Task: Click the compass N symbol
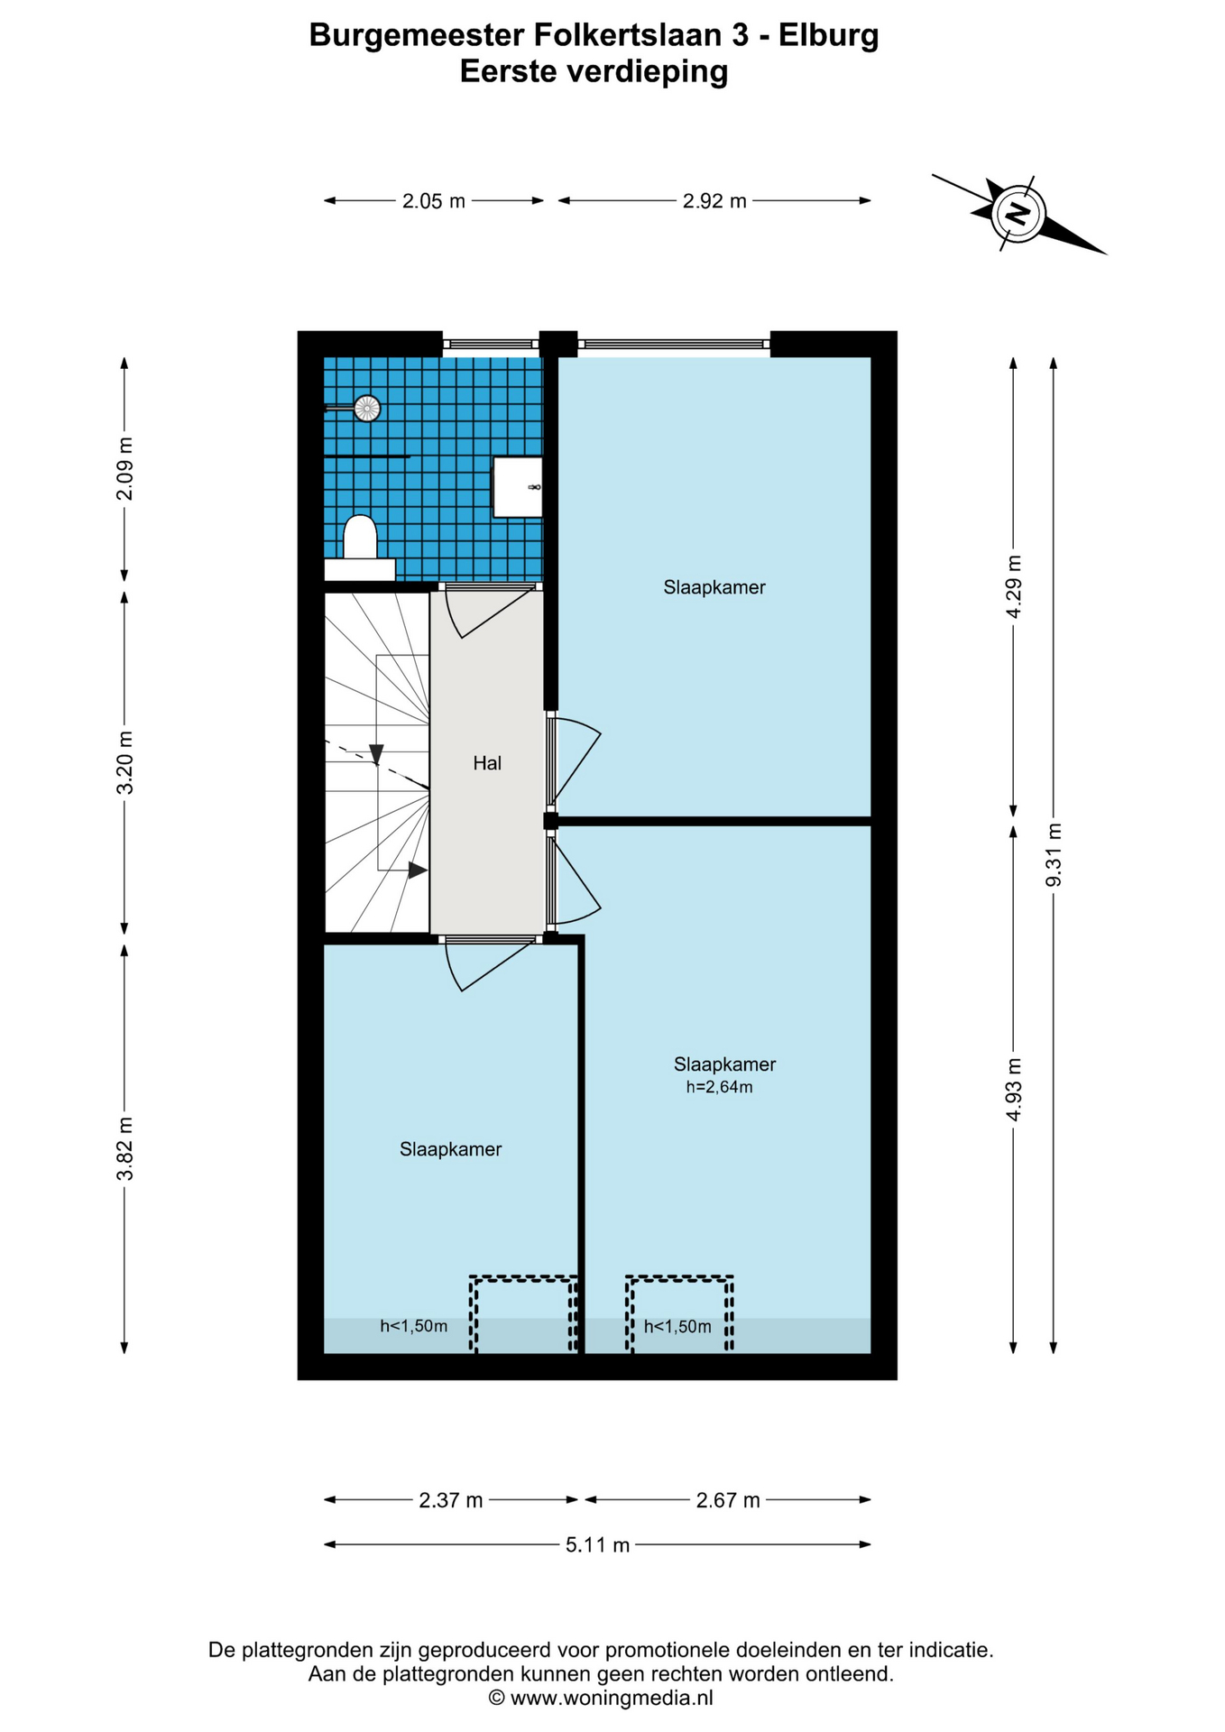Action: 1018,214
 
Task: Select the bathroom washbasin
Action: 518,487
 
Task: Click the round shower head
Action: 366,409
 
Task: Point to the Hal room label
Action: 487,763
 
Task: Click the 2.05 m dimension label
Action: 434,201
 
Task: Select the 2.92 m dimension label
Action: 714,201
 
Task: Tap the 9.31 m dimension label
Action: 1053,855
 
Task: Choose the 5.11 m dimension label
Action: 597,1545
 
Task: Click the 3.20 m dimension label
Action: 125,762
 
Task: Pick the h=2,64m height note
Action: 719,1087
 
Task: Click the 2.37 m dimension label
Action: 451,1500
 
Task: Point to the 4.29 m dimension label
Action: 1014,586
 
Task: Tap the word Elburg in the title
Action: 828,35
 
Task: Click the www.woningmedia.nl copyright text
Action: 601,1698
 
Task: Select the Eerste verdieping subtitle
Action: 594,70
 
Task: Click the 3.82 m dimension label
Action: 125,1148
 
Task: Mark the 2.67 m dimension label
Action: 728,1500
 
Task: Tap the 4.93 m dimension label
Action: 1014,1090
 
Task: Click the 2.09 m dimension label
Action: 125,469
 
